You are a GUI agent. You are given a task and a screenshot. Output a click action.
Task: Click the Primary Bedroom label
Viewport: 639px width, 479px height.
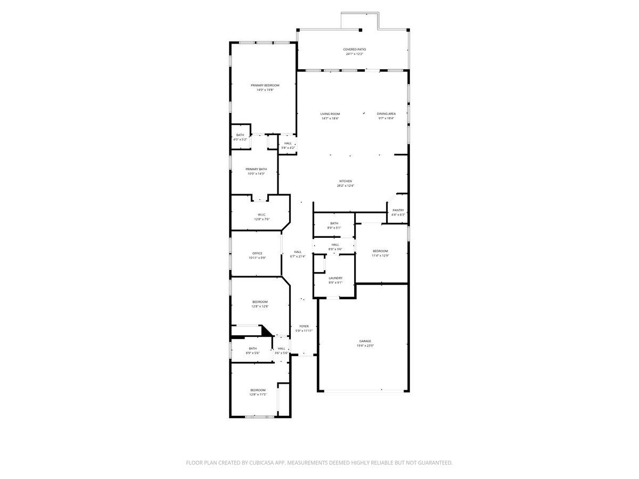[x=265, y=85]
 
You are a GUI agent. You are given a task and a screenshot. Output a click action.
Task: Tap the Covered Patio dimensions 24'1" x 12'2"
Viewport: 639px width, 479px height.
[x=354, y=54]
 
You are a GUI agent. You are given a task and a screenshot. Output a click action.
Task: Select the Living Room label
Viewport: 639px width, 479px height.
[x=330, y=114]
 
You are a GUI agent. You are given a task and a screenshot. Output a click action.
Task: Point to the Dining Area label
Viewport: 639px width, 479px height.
[x=386, y=114]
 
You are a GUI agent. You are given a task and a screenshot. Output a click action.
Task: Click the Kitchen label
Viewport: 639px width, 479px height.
[x=345, y=181]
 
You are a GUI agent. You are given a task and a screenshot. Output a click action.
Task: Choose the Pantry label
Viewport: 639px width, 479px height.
[x=398, y=210]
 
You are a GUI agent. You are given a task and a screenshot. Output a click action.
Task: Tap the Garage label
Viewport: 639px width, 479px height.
[x=365, y=341]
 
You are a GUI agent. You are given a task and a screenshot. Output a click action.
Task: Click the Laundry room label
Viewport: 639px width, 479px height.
[x=335, y=278]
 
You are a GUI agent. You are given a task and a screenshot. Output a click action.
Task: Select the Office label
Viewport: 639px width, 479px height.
[x=257, y=253]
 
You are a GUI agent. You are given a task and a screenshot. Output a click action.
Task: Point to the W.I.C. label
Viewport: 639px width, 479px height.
[x=261, y=214]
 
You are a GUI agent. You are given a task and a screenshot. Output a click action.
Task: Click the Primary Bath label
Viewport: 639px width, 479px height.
[x=256, y=169]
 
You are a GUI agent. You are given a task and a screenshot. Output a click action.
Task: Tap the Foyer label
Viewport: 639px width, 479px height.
[x=304, y=326]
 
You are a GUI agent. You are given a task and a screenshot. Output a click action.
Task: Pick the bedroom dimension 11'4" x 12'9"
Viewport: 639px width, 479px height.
[x=380, y=255]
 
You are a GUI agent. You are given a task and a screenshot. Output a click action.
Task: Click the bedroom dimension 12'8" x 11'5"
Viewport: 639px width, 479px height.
[x=258, y=394]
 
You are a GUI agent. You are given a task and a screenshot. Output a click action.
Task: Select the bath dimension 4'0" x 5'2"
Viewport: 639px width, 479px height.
[x=241, y=139]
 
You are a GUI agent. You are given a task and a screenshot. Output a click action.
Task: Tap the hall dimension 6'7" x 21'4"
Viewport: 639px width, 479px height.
[x=298, y=256]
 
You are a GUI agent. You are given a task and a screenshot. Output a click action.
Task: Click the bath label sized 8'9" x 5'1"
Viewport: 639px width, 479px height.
[x=334, y=223]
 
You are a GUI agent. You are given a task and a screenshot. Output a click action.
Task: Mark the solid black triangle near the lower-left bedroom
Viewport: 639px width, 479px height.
[x=266, y=331]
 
